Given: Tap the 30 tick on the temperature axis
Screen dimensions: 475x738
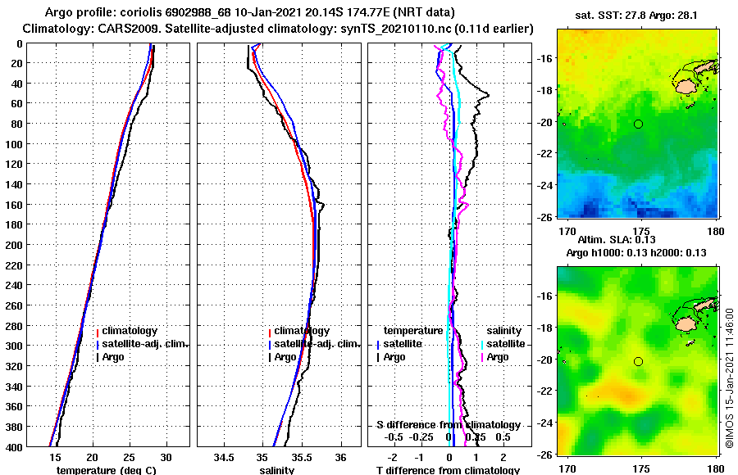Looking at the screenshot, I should click(166, 456).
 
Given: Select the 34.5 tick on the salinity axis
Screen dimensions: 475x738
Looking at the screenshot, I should click(223, 456).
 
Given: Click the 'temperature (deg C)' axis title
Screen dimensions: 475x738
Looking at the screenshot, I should click(102, 470).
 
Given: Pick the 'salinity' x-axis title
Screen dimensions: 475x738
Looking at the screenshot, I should click(276, 470).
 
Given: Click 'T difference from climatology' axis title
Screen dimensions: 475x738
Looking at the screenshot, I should click(448, 470).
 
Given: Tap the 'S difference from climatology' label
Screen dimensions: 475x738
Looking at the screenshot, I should click(448, 425).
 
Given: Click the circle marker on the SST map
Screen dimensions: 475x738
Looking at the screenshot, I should click(639, 124).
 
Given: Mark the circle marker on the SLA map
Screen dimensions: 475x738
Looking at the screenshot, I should click(639, 361).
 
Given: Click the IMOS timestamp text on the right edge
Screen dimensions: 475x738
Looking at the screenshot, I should click(729, 378).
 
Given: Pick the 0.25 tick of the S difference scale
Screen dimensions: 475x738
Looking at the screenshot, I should click(473, 437).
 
